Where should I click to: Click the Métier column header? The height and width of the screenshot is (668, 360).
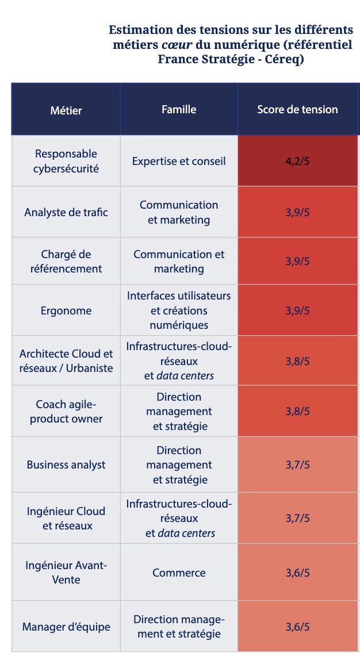(x=66, y=110)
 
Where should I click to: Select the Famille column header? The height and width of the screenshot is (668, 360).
(x=179, y=109)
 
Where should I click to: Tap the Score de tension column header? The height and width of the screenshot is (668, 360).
(x=297, y=109)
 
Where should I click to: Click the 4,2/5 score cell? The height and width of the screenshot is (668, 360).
(x=297, y=162)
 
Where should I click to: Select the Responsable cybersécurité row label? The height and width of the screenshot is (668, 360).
(x=66, y=162)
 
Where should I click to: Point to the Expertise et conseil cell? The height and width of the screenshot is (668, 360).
(x=179, y=162)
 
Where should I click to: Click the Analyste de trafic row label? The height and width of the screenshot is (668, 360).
(x=66, y=213)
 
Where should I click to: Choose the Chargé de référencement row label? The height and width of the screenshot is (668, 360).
(x=66, y=262)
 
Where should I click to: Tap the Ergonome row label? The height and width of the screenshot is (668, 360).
(x=66, y=311)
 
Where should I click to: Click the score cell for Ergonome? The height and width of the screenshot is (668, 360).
(x=297, y=311)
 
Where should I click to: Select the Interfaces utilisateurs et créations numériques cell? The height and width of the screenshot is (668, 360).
(x=179, y=310)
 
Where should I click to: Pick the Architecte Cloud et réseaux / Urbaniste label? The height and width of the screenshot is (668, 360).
(x=66, y=361)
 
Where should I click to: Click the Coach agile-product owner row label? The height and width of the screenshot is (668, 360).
(x=66, y=411)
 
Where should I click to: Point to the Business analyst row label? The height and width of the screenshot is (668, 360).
(x=66, y=464)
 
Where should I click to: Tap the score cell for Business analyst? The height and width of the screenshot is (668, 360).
(x=297, y=464)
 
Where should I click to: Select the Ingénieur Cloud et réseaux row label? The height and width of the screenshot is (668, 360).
(x=66, y=518)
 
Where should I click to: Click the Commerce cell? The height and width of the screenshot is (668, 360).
(x=179, y=573)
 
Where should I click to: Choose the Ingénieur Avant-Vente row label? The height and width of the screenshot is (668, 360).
(x=66, y=573)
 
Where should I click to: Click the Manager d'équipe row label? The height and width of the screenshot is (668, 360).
(x=66, y=627)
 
